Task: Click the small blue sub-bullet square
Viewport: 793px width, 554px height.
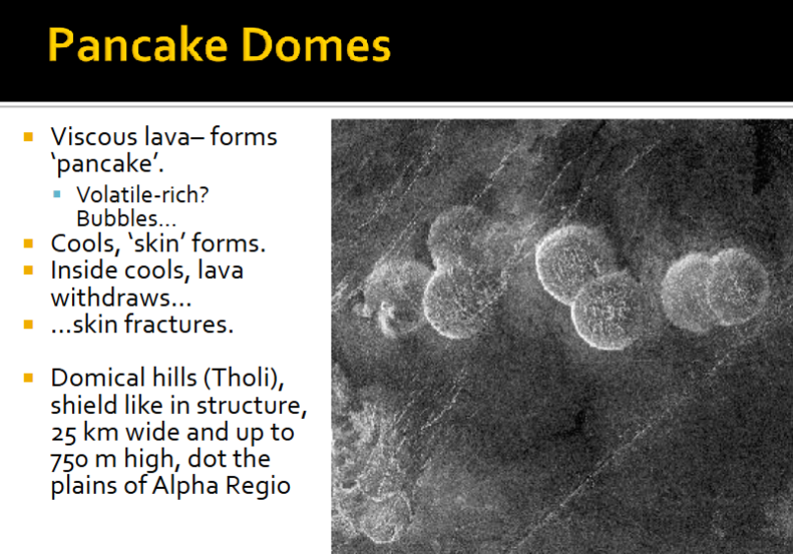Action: click(x=58, y=194)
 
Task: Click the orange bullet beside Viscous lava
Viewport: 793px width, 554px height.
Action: click(x=30, y=134)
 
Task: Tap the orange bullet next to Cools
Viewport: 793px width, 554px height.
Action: click(x=30, y=241)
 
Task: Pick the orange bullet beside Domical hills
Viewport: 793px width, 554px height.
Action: click(x=30, y=377)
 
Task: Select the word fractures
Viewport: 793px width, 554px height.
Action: click(x=184, y=323)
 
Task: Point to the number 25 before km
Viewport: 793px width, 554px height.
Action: click(x=64, y=433)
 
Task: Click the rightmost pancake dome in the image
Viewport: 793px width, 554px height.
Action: click(x=738, y=286)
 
